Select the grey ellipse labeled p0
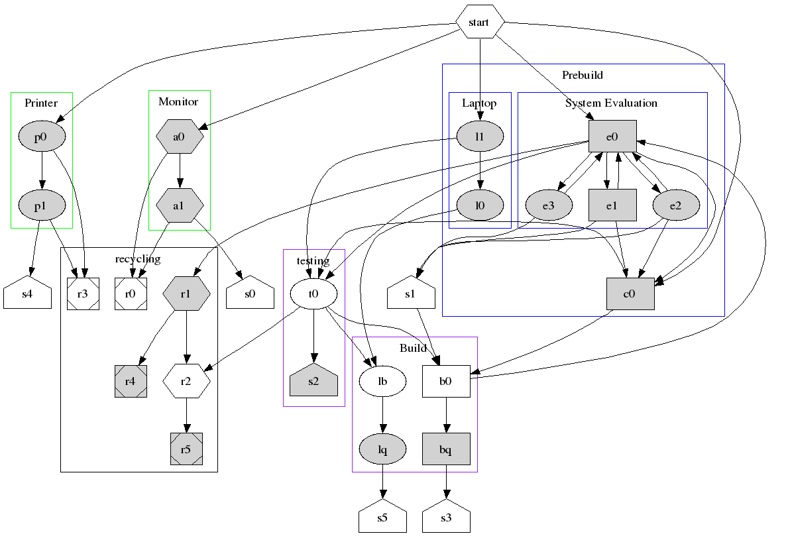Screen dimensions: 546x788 click(x=42, y=136)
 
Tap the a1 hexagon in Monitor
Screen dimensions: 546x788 click(x=179, y=205)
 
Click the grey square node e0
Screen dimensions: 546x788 click(x=612, y=137)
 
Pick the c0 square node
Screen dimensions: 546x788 click(x=630, y=294)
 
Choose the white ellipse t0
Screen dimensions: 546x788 click(x=314, y=294)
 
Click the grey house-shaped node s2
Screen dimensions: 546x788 click(x=314, y=380)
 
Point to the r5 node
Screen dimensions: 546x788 click(x=186, y=449)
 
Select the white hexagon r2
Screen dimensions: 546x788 click(x=186, y=381)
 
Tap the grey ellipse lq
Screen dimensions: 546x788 click(x=382, y=450)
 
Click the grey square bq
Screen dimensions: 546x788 click(x=446, y=450)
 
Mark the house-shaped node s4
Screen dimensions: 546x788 click(x=27, y=294)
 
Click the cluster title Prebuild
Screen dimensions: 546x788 click(x=582, y=75)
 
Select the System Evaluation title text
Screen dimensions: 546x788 click(x=611, y=103)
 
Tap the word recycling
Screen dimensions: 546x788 click(x=138, y=258)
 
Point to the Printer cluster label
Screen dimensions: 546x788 click(x=41, y=103)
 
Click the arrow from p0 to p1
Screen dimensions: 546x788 click(x=42, y=171)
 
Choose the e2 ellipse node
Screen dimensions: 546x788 click(x=675, y=205)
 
